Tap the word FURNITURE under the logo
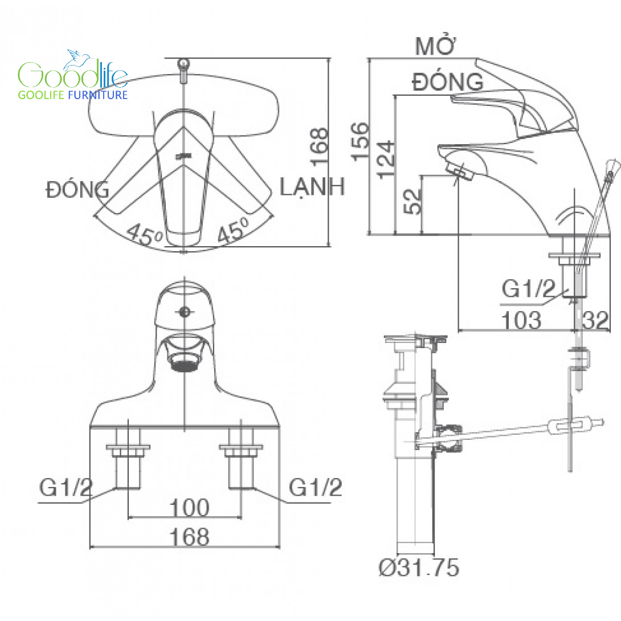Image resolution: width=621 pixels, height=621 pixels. pyautogui.click(x=98, y=95)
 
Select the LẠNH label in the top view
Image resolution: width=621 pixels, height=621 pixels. pyautogui.click(x=312, y=187)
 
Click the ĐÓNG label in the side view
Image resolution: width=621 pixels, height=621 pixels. pyautogui.click(x=448, y=81)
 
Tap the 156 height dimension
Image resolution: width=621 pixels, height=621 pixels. pyautogui.click(x=361, y=142)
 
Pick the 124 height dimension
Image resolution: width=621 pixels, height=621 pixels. pyautogui.click(x=386, y=160)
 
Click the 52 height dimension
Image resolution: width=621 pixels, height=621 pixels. pyautogui.click(x=412, y=202)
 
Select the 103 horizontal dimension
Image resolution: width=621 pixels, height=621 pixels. pyautogui.click(x=521, y=320)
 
